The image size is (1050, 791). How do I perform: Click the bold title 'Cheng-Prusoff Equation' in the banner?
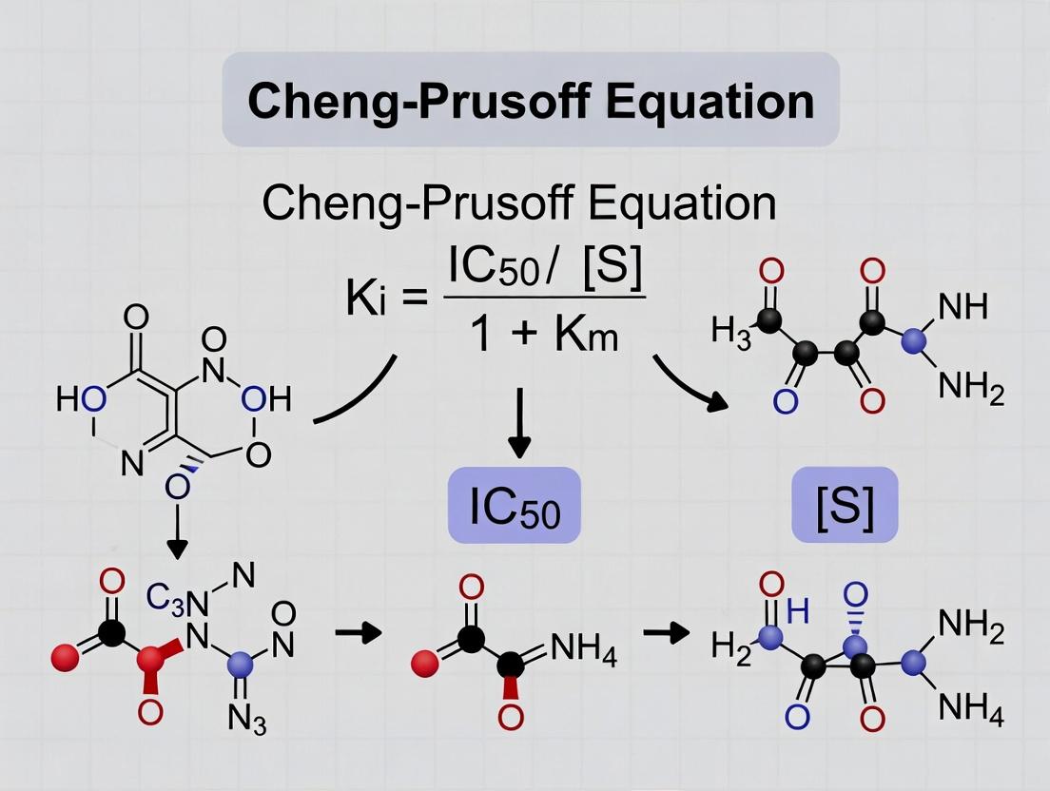click(x=531, y=101)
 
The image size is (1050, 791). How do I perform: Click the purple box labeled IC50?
click(x=515, y=508)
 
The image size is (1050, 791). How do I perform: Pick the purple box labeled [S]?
click(x=845, y=508)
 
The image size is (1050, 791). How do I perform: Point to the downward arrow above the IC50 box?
click(x=518, y=418)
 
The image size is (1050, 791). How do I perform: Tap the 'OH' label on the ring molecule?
click(x=265, y=400)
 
